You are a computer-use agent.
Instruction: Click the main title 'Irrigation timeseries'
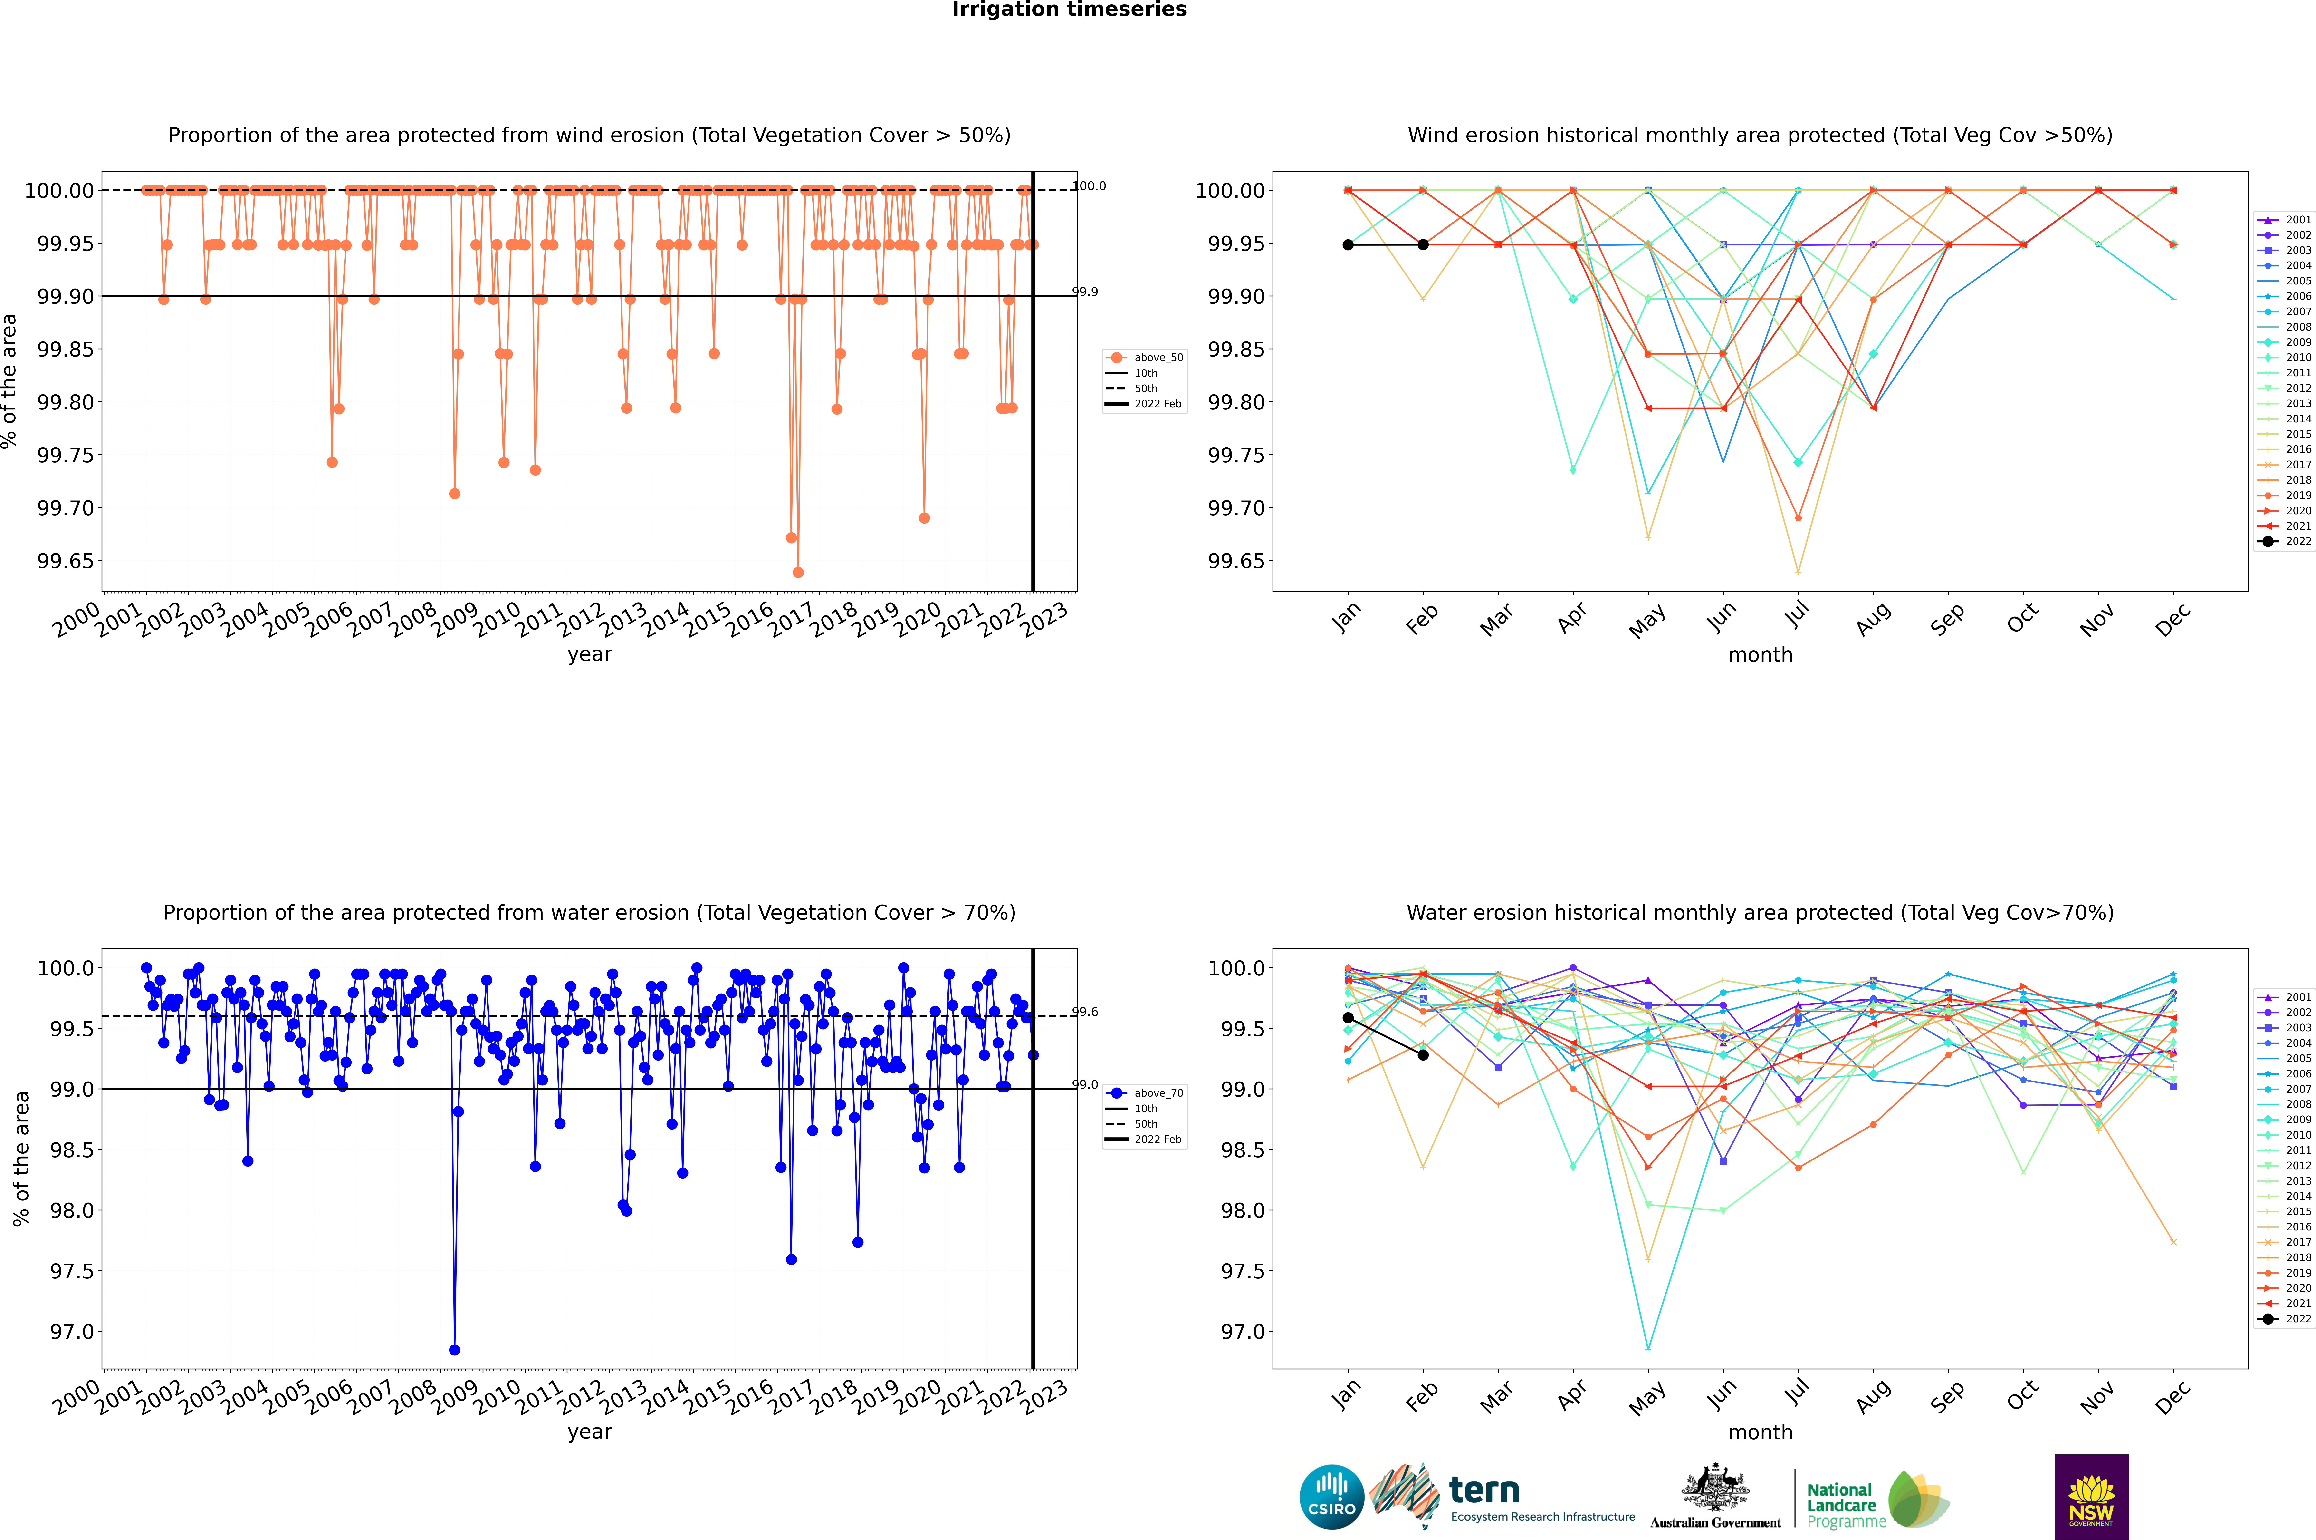[x=1069, y=10]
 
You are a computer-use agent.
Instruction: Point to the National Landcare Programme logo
[x=1877, y=1500]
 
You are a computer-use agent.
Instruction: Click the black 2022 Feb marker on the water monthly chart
[x=1423, y=1055]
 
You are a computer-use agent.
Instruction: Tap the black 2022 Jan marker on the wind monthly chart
[x=1348, y=244]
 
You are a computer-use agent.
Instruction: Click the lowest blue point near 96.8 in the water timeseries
[x=455, y=1350]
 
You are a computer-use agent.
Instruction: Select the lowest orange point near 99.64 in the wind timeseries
[x=798, y=573]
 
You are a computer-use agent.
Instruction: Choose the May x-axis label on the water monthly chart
[x=1646, y=1398]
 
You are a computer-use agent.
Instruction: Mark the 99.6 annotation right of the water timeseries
[x=1085, y=1012]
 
